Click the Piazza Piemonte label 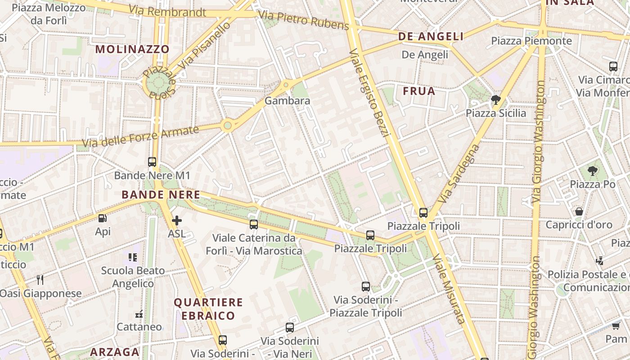[x=531, y=41]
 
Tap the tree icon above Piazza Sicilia [x=496, y=99]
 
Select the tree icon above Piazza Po [x=593, y=171]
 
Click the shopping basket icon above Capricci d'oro [x=579, y=211]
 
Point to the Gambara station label [x=287, y=101]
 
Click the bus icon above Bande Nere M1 [x=152, y=162]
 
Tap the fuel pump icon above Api [x=103, y=218]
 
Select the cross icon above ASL [x=177, y=220]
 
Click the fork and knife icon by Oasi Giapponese [x=40, y=280]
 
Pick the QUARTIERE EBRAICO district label [x=208, y=309]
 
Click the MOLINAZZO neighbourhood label [x=132, y=49]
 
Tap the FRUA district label [x=419, y=91]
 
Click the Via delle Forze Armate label [x=140, y=137]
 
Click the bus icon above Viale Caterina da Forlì [x=254, y=224]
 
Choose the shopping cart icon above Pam [x=616, y=325]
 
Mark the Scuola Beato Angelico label [x=133, y=277]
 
